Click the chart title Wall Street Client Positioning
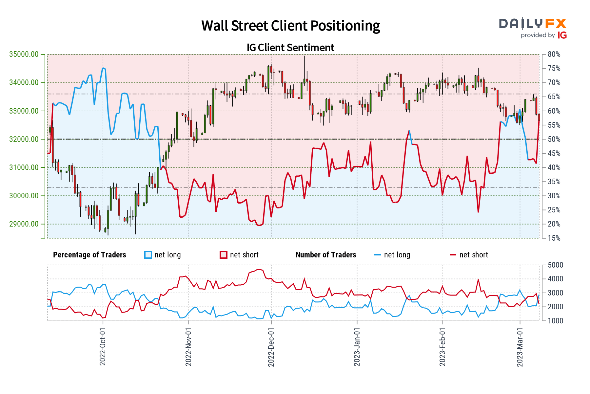click(290, 26)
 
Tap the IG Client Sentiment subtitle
click(290, 48)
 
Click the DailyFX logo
click(533, 24)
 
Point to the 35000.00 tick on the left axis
click(24, 54)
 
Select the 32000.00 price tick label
click(24, 139)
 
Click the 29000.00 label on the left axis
click(24, 224)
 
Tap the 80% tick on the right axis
click(554, 54)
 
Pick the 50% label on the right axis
click(554, 139)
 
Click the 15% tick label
click(554, 238)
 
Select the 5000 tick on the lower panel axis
click(555, 265)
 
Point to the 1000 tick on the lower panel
click(555, 321)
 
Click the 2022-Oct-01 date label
click(103, 346)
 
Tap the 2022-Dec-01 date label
click(271, 346)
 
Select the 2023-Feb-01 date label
click(442, 346)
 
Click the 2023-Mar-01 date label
click(520, 346)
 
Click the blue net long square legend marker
click(148, 255)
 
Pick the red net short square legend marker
click(224, 255)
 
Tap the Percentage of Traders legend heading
click(89, 255)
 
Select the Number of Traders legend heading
click(326, 255)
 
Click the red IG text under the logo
click(562, 35)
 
